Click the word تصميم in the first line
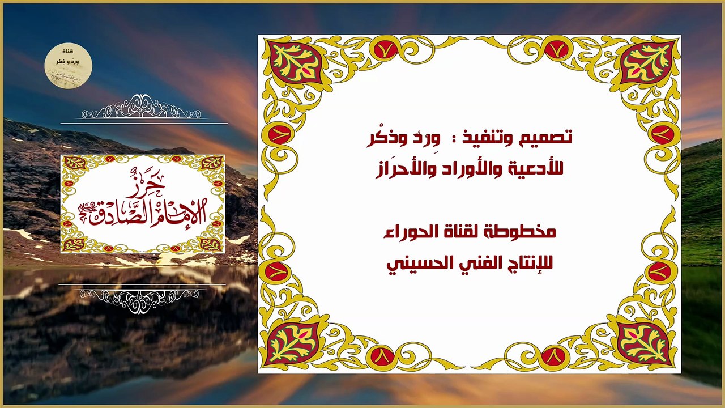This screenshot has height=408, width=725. [x=551, y=138]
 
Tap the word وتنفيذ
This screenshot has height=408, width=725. [x=500, y=138]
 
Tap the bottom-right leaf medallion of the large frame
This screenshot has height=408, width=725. [x=644, y=343]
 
